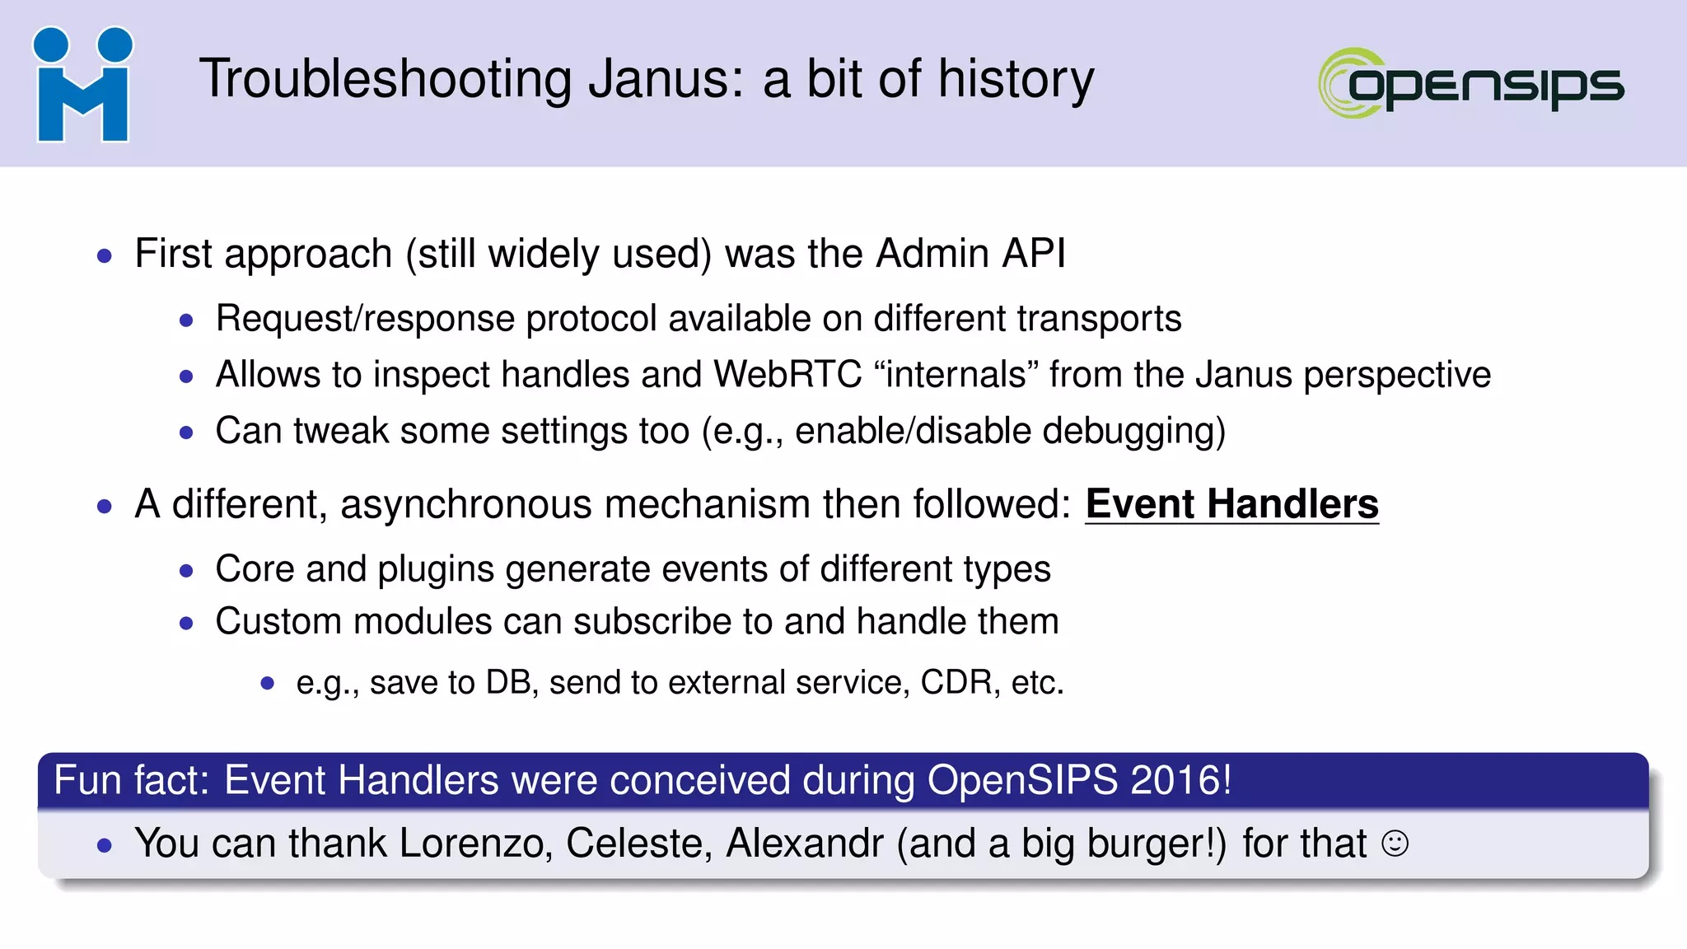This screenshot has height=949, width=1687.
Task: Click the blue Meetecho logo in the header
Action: point(82,84)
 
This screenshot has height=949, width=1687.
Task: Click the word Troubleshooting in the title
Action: point(385,80)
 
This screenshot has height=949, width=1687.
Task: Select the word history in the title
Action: point(1016,80)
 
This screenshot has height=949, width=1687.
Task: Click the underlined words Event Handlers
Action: point(1231,504)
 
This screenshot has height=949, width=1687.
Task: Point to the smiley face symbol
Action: point(1395,844)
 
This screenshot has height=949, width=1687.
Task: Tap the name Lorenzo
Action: point(475,844)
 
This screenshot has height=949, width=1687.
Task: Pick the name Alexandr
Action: point(804,844)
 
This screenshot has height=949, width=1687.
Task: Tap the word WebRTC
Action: point(787,375)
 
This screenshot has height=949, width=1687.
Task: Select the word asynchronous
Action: point(465,504)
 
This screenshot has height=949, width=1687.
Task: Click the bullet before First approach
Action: point(104,256)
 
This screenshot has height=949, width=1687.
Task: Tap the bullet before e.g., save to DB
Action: point(267,683)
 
